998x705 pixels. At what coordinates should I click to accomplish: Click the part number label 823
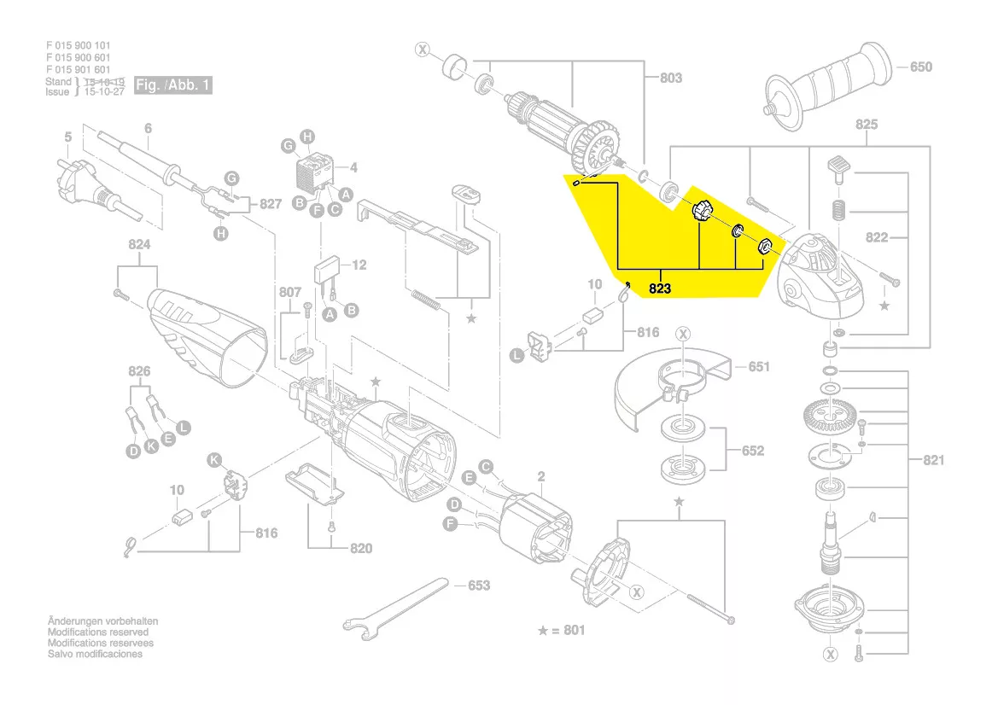(x=660, y=289)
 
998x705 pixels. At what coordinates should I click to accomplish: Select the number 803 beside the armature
(x=671, y=78)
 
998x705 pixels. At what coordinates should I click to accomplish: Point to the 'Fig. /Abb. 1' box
(x=173, y=85)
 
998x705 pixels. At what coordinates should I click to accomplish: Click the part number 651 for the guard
(x=758, y=367)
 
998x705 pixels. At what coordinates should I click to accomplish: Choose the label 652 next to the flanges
(x=752, y=451)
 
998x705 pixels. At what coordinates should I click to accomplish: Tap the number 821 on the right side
(x=933, y=460)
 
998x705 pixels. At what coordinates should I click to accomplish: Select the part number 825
(x=866, y=125)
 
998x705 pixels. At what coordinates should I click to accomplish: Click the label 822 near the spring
(x=876, y=237)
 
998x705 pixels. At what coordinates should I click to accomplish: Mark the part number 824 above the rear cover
(x=139, y=245)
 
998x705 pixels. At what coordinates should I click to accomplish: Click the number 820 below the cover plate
(x=361, y=548)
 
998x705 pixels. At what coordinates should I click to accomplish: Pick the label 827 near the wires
(x=270, y=204)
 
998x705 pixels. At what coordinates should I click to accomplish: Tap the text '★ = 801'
(x=562, y=631)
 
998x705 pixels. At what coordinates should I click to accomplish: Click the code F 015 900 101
(x=78, y=45)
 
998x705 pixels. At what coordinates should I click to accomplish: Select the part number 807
(x=290, y=292)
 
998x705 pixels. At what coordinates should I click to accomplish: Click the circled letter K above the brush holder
(x=215, y=460)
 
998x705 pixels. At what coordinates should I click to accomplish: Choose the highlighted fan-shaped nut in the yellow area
(x=701, y=210)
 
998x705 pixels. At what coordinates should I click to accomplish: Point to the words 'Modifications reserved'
(x=97, y=632)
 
